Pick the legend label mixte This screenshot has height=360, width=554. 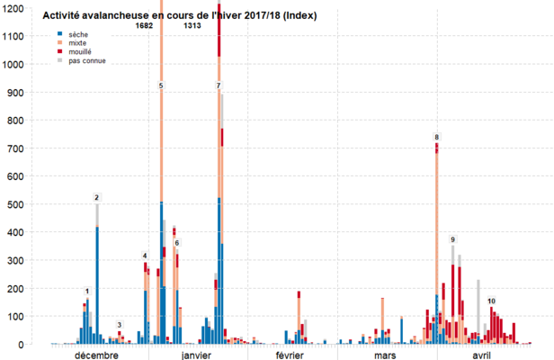(x=78, y=43)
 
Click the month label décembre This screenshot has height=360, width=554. (x=97, y=355)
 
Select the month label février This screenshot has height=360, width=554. (x=289, y=355)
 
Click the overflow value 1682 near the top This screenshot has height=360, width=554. (x=144, y=26)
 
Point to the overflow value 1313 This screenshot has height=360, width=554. (x=192, y=26)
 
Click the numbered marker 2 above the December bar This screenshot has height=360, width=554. (x=96, y=197)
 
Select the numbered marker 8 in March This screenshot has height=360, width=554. (x=436, y=137)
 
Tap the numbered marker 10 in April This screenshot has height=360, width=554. (x=491, y=301)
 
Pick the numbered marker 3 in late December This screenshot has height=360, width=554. (x=119, y=325)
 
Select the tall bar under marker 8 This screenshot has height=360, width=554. (x=436, y=234)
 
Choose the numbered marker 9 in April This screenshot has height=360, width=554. (x=453, y=238)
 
